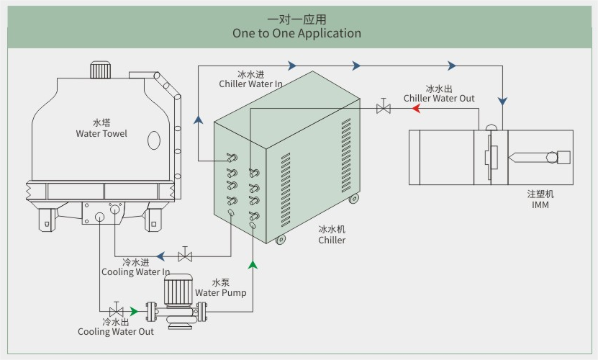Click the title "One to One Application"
296,33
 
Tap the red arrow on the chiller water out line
415,109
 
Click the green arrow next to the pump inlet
133,311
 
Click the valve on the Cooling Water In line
185,256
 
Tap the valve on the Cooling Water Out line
116,311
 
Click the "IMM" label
540,205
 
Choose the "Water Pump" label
220,292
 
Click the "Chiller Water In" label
250,84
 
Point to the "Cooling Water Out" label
116,331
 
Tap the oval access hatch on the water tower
154,140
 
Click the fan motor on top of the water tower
100,70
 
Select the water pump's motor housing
176,290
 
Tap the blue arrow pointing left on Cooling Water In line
162,256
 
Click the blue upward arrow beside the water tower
198,119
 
